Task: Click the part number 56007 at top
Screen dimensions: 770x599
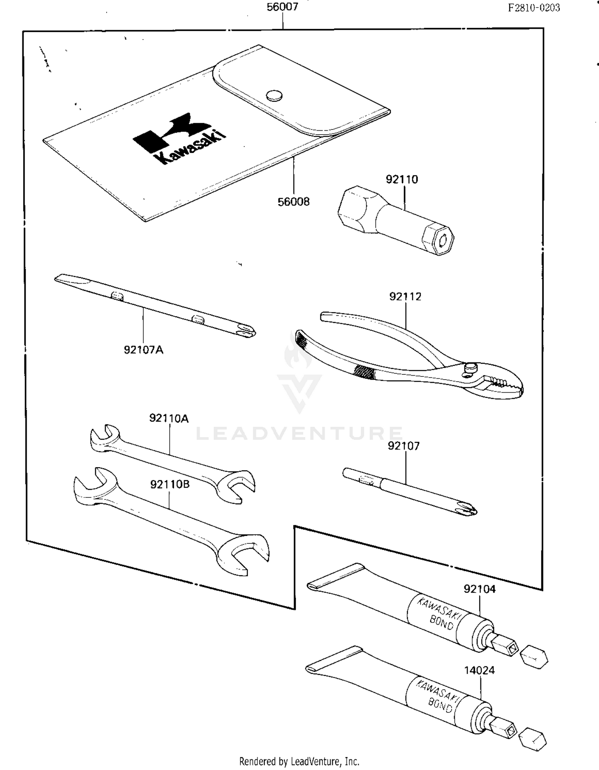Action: (282, 7)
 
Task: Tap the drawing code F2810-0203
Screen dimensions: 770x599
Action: (534, 8)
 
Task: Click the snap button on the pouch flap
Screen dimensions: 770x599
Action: (274, 95)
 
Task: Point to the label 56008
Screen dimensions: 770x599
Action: (294, 202)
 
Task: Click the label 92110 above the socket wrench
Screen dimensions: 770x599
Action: (402, 179)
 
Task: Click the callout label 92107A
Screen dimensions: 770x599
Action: (143, 350)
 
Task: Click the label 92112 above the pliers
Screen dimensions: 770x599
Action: (405, 296)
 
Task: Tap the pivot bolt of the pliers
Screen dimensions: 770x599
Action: (470, 367)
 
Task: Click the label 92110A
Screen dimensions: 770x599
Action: (169, 418)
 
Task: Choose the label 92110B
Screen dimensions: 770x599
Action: (170, 484)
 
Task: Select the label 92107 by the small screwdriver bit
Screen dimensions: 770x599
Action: (404, 446)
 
